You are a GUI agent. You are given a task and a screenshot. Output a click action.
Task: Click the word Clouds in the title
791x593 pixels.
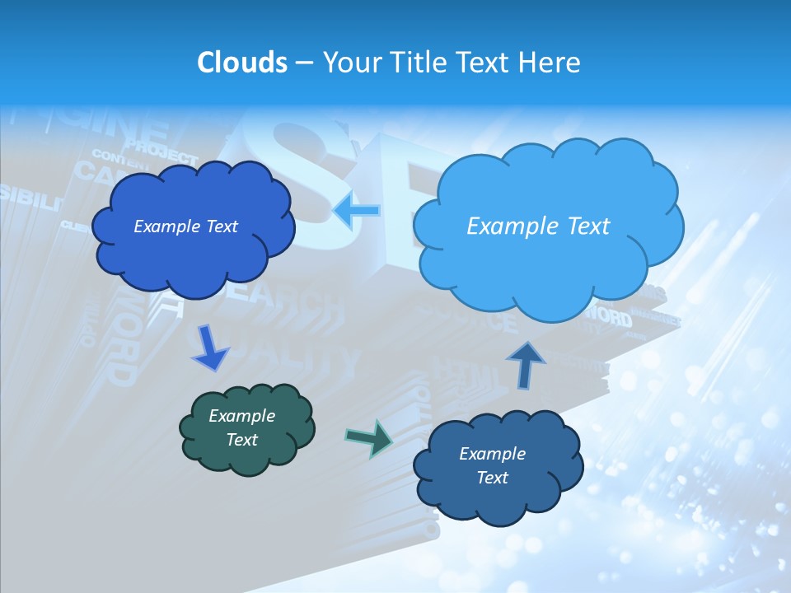[x=241, y=63]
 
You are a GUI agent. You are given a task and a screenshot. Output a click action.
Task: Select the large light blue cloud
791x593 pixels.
[x=547, y=264]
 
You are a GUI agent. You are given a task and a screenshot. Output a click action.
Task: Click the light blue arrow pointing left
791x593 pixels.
[x=358, y=211]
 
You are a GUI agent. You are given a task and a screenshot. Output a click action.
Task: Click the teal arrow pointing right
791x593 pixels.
[x=369, y=438]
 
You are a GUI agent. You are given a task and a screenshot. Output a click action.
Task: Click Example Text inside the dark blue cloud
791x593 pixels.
[x=185, y=226]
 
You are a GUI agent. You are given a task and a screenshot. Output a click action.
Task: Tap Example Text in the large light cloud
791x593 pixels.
[x=538, y=226]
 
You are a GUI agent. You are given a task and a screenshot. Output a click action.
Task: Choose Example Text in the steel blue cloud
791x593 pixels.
[x=492, y=465]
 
